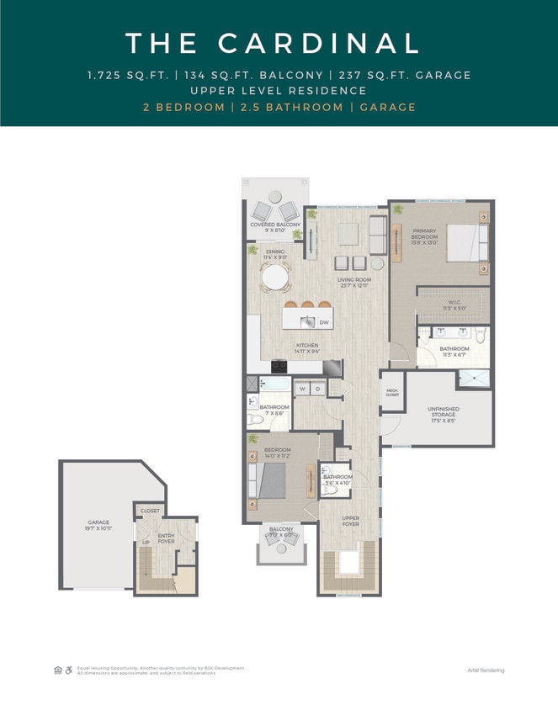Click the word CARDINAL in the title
point(319,43)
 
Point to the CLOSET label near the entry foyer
point(150,511)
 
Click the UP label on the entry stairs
point(146,543)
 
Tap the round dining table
point(275,276)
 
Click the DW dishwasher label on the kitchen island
point(323,322)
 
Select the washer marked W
point(301,389)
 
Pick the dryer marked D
point(317,389)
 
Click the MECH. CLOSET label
point(392,393)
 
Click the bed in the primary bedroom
point(466,244)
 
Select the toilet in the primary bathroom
point(481,336)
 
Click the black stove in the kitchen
point(279,366)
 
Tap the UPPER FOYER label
point(350,521)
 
